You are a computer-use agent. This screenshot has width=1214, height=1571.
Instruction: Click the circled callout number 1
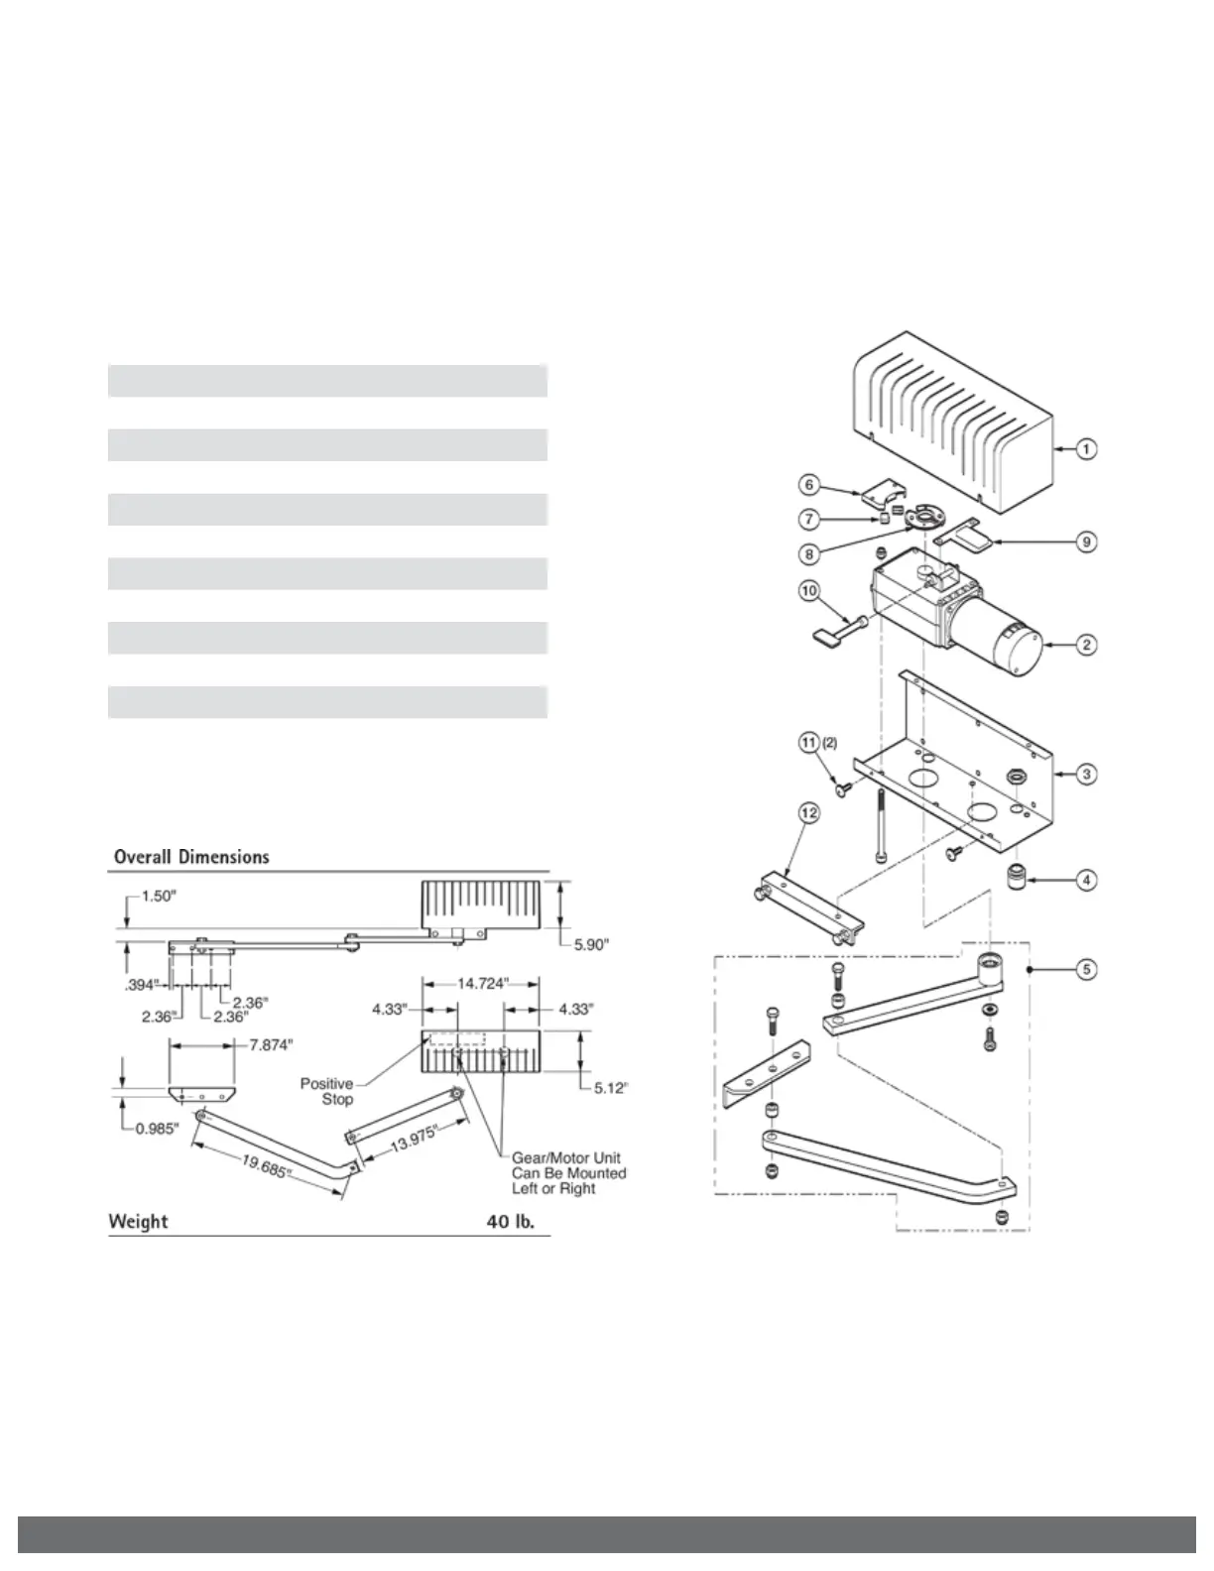click(1087, 449)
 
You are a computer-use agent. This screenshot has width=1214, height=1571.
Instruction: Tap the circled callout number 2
click(1087, 645)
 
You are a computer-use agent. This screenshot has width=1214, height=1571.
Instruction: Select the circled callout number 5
click(1087, 968)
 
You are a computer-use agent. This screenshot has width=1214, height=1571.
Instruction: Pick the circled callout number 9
click(1087, 543)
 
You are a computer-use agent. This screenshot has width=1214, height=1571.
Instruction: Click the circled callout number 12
click(810, 813)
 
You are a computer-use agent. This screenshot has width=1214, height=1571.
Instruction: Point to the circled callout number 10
click(810, 590)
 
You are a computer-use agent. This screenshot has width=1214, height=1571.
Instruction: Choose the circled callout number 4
click(1087, 880)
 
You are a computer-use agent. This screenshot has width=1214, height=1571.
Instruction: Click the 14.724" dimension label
click(483, 984)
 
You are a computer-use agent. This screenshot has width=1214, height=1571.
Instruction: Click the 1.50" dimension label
click(156, 896)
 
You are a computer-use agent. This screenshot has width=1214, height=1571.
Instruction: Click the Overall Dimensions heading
click(191, 857)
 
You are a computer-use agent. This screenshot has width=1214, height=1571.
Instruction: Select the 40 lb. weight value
click(510, 1221)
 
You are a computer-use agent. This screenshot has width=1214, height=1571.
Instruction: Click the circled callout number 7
click(810, 518)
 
